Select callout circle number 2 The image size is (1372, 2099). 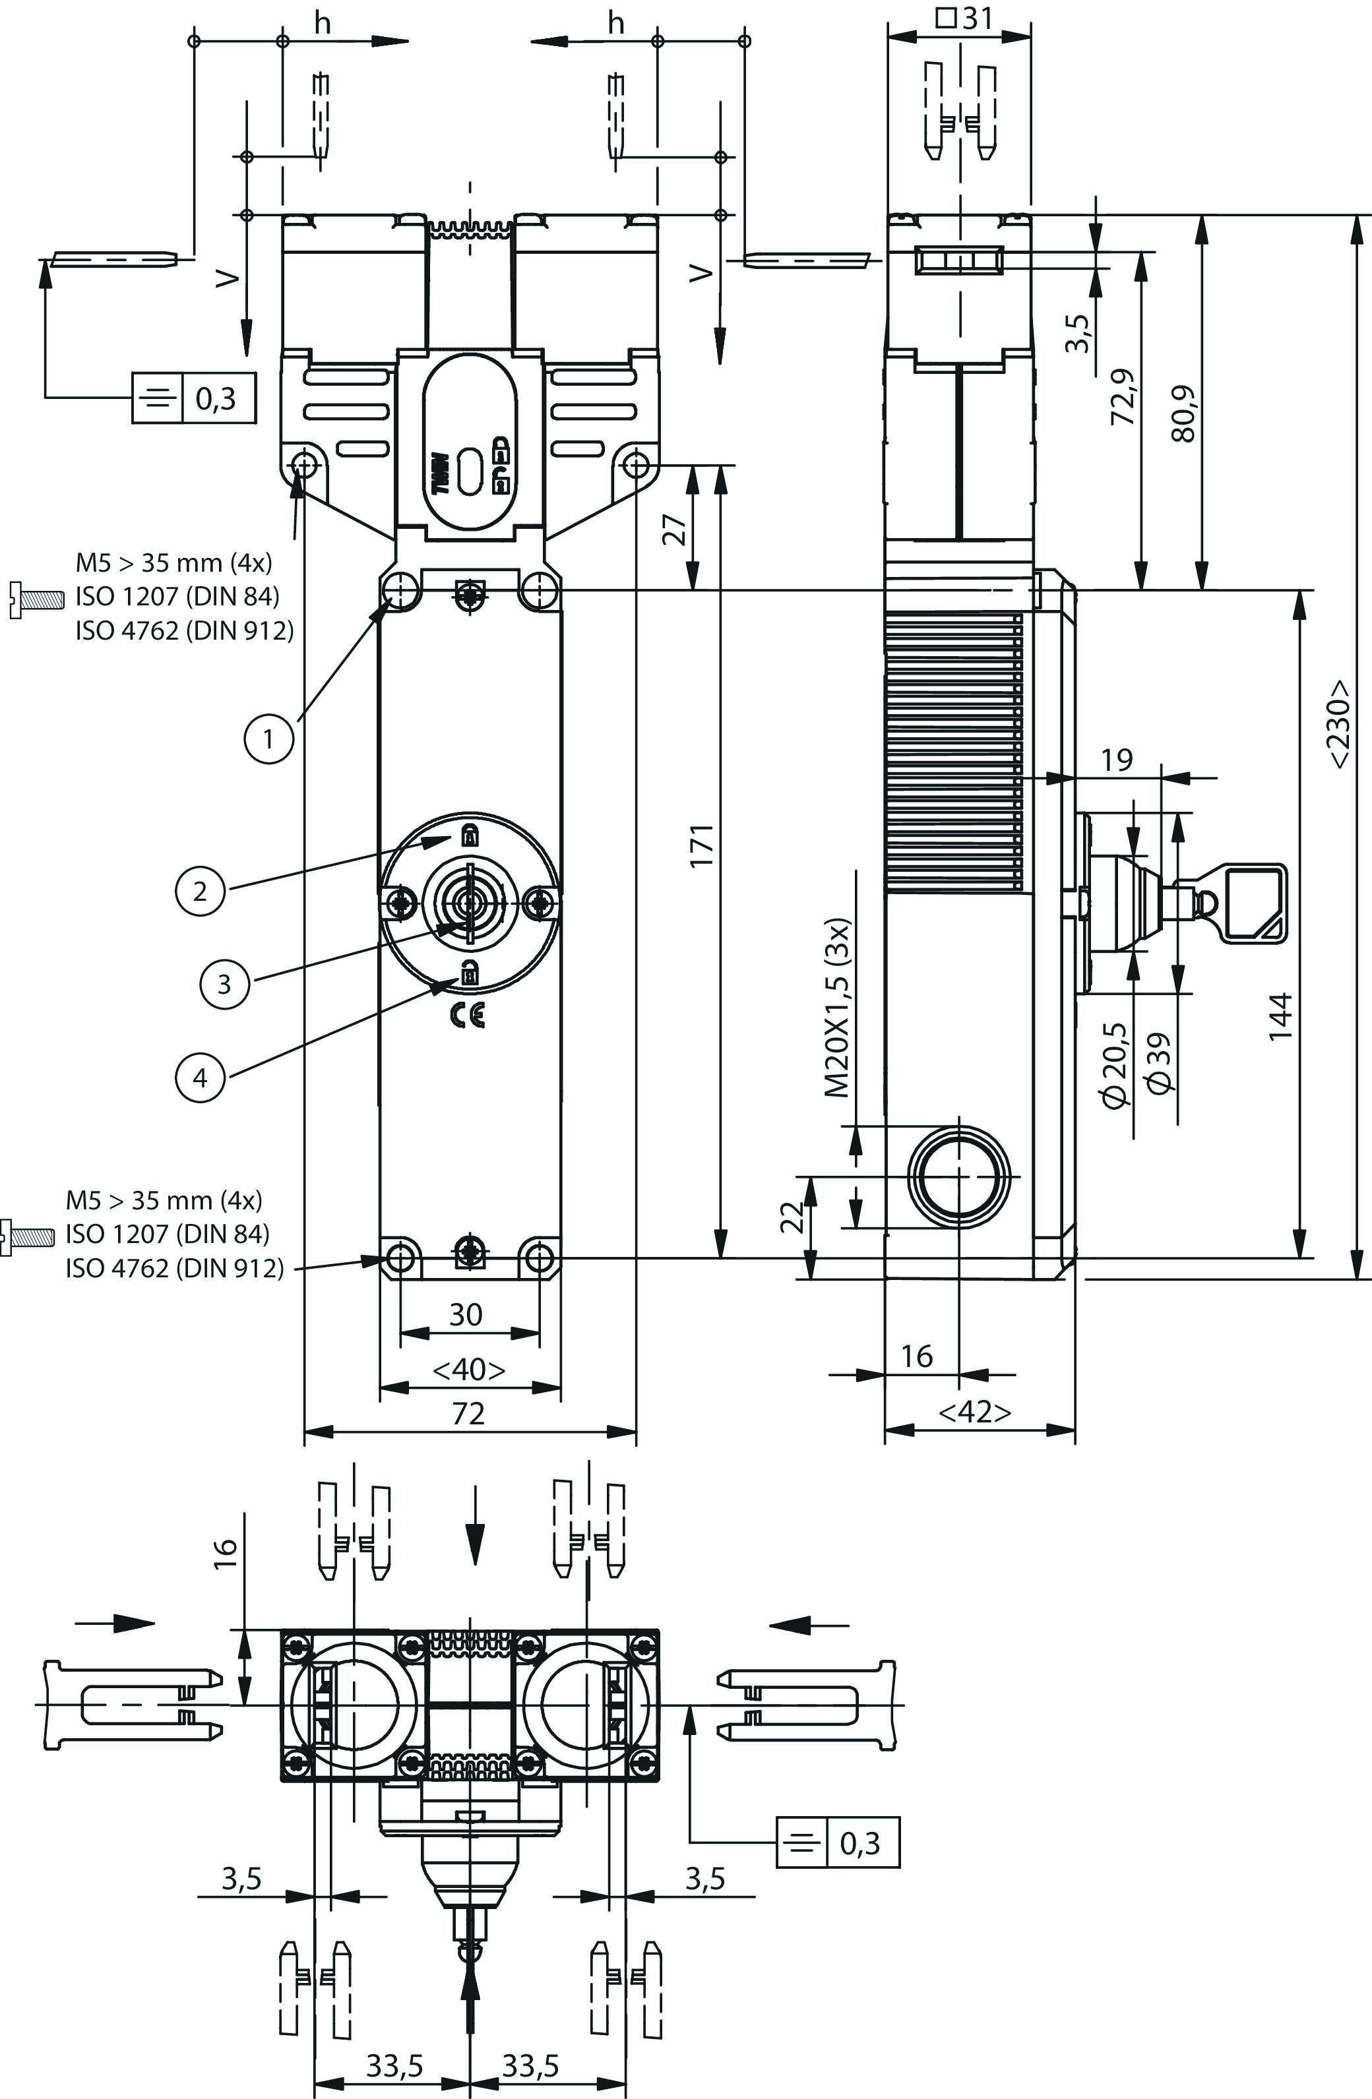[201, 891]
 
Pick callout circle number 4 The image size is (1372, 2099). [201, 1077]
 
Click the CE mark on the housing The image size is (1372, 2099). [467, 1017]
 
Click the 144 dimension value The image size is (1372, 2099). [1280, 1016]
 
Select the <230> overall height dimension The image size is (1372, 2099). [1340, 723]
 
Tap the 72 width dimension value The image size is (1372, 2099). [468, 1414]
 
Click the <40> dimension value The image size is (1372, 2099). [468, 1370]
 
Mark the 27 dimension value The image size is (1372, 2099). [675, 529]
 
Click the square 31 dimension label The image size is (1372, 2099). [964, 19]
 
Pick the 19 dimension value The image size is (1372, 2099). [1117, 759]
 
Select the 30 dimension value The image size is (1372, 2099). [467, 1315]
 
